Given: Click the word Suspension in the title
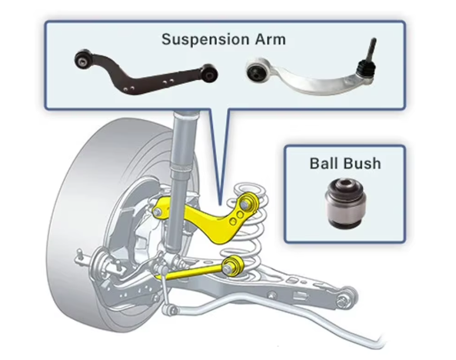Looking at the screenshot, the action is (x=206, y=39).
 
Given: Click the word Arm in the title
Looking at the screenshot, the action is (x=271, y=39).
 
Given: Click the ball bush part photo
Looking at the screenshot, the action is (x=345, y=203).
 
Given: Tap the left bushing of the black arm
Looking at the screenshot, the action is (x=83, y=59).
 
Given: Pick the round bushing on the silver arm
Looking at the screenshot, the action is (x=257, y=72).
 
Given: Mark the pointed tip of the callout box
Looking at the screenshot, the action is (x=220, y=204).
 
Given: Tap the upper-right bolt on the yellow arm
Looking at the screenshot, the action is (x=245, y=203).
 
